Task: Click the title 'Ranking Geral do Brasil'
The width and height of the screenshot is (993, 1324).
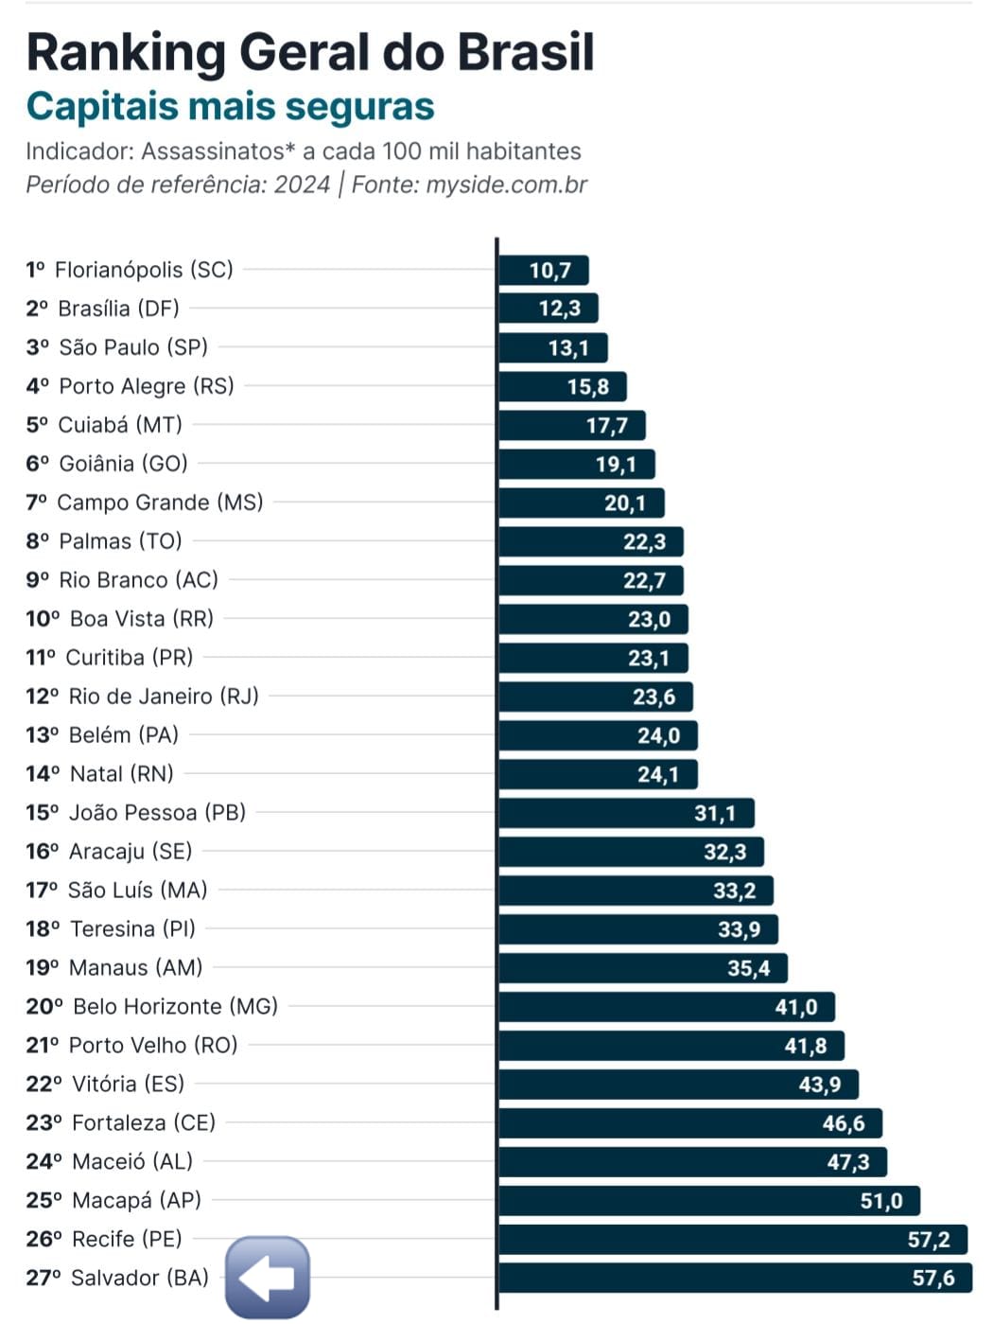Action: click(310, 53)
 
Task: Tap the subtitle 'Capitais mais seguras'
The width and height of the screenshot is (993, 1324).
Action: click(230, 106)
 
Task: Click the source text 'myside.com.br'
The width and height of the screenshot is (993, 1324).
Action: click(506, 185)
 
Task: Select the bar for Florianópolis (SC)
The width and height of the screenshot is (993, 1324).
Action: click(543, 271)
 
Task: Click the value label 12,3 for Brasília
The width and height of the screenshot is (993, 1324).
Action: click(560, 309)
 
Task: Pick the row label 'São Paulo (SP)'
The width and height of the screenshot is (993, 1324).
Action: click(132, 347)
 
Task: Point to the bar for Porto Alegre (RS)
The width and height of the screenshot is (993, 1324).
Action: click(562, 387)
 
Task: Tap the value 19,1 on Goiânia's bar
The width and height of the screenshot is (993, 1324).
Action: click(616, 465)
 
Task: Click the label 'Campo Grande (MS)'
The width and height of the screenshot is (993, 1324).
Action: click(160, 503)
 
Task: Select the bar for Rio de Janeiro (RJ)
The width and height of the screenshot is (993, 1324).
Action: click(595, 697)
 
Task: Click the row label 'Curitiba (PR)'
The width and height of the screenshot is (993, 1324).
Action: click(129, 658)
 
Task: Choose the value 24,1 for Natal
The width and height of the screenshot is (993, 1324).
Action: click(657, 775)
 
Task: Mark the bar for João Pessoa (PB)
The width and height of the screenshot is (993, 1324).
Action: click(625, 814)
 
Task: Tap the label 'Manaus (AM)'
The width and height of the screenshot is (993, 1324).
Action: click(135, 968)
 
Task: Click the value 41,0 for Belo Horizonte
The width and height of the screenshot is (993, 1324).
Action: click(795, 1007)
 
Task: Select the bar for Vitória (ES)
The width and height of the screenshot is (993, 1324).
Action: click(677, 1085)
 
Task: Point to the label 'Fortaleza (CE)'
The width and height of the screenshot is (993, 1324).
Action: click(144, 1123)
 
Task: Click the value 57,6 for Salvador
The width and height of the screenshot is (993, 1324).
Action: click(932, 1279)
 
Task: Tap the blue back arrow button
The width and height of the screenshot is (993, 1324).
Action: click(268, 1278)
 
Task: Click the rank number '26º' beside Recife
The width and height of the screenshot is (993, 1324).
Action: click(44, 1240)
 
